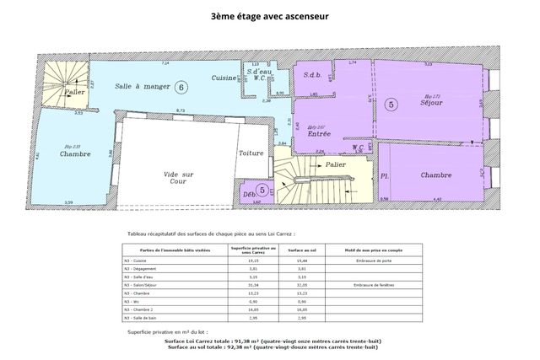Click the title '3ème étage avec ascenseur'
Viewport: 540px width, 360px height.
[x=269, y=16]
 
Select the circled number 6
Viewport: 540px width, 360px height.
[x=182, y=86]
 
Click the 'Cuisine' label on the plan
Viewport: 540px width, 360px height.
[x=224, y=78]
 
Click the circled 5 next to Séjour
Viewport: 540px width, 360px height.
[x=390, y=105]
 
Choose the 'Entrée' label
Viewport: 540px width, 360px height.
[x=319, y=133]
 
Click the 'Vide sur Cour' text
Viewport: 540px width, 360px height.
[x=179, y=178]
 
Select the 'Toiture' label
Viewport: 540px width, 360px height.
[x=251, y=153]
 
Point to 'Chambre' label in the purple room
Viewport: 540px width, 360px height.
[x=435, y=175]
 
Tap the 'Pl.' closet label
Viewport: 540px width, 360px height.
[x=385, y=175]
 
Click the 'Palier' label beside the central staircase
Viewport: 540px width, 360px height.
[x=336, y=164]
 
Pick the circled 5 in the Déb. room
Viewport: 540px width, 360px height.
[x=262, y=191]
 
